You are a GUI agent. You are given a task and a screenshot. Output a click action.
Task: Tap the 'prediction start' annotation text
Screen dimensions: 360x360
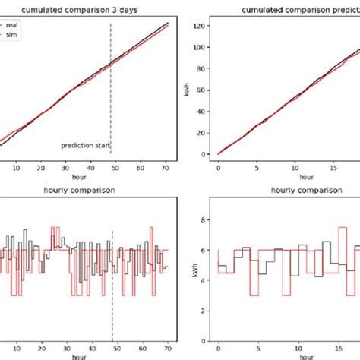86,144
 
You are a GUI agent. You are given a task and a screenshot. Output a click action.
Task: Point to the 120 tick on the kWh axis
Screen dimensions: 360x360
204,26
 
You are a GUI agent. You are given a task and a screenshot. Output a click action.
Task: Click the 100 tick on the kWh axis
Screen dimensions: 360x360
204,47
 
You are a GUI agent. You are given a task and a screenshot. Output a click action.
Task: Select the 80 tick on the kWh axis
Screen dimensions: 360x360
206,68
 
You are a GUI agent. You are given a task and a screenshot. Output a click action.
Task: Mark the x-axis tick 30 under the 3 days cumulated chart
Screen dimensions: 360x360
65,169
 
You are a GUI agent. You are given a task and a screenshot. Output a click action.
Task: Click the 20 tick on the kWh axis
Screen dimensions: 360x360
206,132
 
